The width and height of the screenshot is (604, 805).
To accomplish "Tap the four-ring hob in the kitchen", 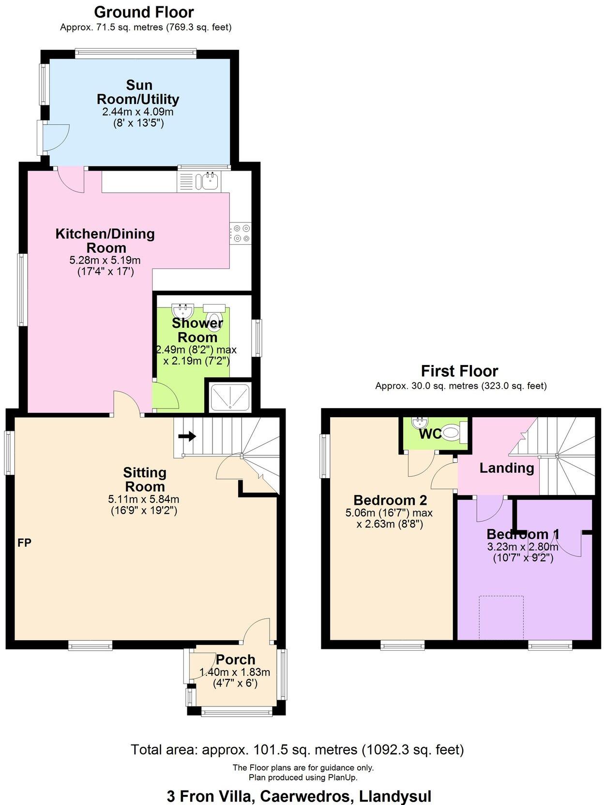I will click(x=241, y=233).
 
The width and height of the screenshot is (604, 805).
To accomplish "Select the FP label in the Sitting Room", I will click(x=24, y=543).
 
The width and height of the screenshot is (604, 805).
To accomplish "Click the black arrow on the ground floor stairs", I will click(x=187, y=437).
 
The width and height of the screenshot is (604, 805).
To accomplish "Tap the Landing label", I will click(x=506, y=468).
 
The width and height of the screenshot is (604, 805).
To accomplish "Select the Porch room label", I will click(x=235, y=659).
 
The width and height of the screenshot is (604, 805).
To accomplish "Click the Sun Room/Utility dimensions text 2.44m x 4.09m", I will click(x=137, y=112).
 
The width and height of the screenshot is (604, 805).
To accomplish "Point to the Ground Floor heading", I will click(x=144, y=12).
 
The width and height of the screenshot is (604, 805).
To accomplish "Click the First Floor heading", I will click(x=459, y=371).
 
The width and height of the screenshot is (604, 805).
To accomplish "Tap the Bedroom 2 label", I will click(x=390, y=500).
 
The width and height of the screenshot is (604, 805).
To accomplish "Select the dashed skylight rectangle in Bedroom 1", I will click(x=501, y=617).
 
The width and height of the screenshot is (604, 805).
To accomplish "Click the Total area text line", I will click(x=297, y=750).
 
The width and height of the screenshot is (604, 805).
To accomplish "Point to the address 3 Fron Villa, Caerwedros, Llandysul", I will click(x=299, y=796).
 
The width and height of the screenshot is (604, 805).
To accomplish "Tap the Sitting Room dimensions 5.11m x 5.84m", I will click(x=144, y=499).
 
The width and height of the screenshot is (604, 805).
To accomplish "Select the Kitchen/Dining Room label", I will click(x=105, y=241).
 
